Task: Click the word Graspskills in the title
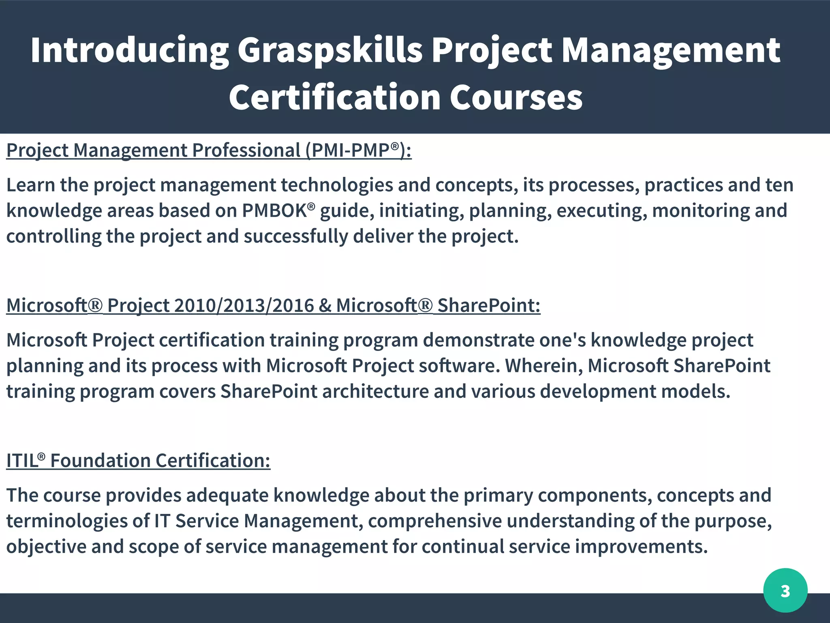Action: [x=329, y=51]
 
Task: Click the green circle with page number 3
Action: [x=785, y=591]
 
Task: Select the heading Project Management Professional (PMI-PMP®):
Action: [x=209, y=150]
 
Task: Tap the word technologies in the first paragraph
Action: [x=336, y=185]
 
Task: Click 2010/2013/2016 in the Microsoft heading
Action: [x=244, y=305]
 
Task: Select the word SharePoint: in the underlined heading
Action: [x=489, y=305]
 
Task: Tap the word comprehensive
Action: [x=434, y=521]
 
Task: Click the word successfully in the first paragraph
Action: [x=295, y=236]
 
